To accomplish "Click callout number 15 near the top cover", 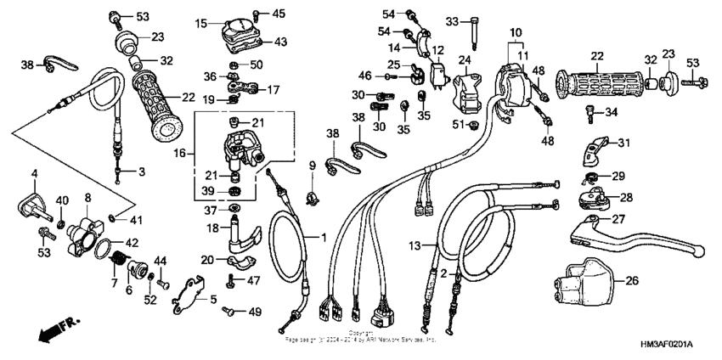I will click(200, 24).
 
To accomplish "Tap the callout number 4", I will click(35, 174).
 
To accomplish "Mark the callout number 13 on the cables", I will click(414, 245).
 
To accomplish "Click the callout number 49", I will click(254, 312).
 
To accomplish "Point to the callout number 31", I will click(623, 142).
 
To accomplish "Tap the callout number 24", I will click(465, 59).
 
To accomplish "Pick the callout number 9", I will click(312, 164).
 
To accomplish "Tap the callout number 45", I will click(279, 13).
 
